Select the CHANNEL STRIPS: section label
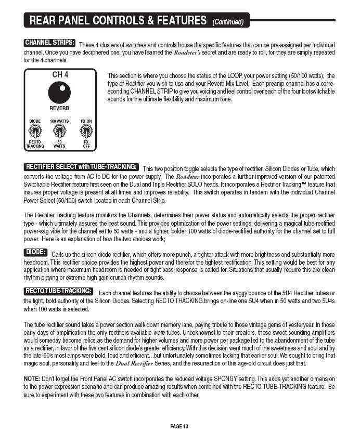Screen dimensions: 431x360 [x=50, y=43]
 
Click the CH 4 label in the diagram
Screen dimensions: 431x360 [x=60, y=75]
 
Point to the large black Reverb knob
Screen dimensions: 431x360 [x=60, y=93]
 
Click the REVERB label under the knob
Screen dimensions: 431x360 [x=60, y=109]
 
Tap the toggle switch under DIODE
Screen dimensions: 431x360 [x=35, y=132]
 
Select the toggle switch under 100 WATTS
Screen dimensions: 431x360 [x=59, y=132]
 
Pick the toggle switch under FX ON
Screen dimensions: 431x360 [x=86, y=132]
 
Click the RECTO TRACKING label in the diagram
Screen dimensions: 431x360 [x=35, y=143]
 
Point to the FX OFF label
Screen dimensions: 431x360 [x=86, y=143]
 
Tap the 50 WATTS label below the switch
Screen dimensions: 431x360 [x=59, y=143]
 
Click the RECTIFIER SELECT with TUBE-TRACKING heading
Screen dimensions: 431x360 [x=82, y=167]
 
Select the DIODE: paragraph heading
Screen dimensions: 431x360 [x=36, y=253]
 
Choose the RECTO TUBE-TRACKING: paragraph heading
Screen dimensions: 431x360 [x=59, y=291]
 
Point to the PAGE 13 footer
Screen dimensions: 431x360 [x=179, y=426]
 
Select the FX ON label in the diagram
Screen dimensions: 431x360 [x=86, y=121]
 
